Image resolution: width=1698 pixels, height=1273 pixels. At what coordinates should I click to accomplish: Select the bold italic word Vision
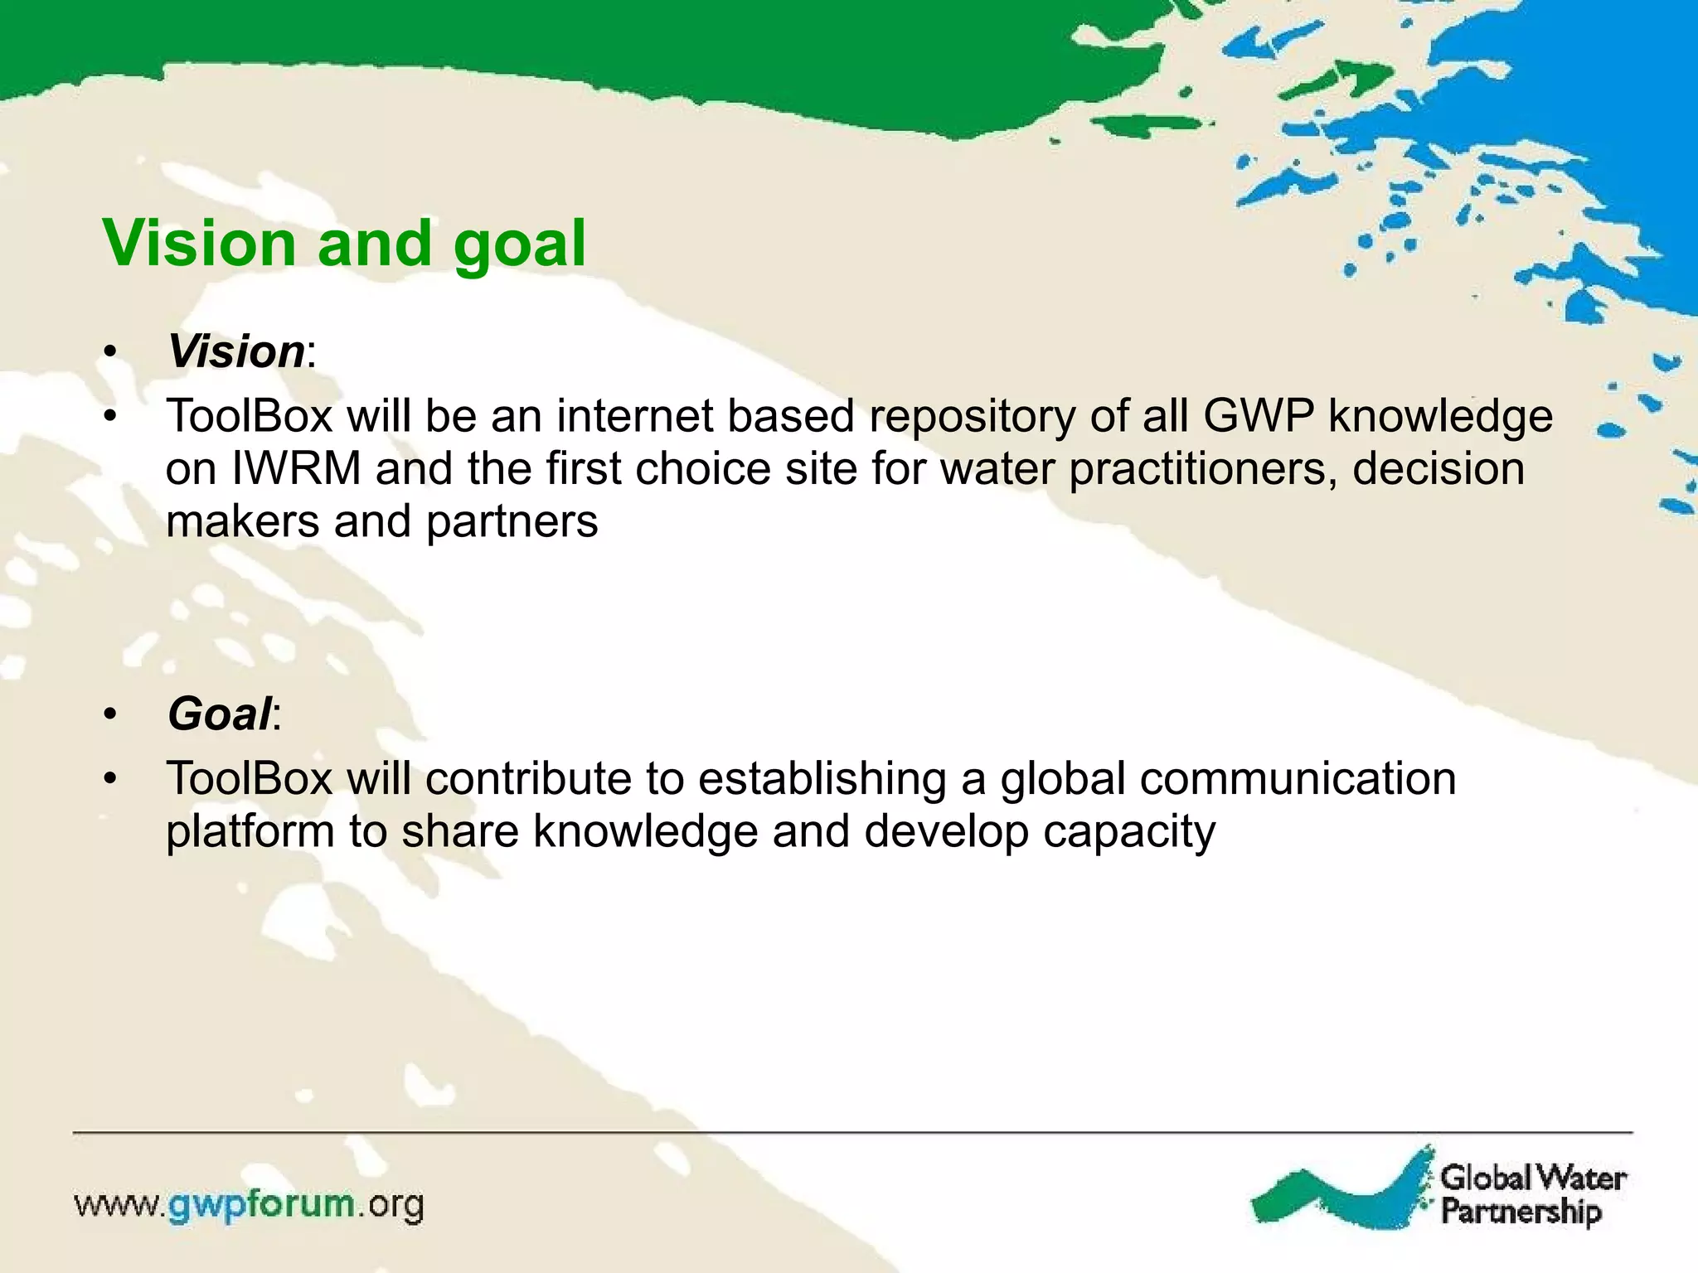tap(236, 351)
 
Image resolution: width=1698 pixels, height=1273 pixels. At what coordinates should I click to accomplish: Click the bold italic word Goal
tap(219, 714)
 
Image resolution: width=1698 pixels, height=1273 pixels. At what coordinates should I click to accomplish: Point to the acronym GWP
tap(1258, 416)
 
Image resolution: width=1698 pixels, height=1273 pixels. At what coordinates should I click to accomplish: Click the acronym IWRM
tap(296, 469)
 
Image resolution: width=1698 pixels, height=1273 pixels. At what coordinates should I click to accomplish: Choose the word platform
tap(250, 832)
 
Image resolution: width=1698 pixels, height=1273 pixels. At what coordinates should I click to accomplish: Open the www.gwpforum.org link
tap(249, 1205)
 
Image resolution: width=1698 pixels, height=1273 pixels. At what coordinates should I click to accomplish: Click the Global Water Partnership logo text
tap(1532, 1193)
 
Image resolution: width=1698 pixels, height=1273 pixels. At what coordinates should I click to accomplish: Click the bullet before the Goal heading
tap(111, 714)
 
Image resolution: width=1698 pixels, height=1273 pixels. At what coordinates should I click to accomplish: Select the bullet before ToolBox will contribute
tap(111, 780)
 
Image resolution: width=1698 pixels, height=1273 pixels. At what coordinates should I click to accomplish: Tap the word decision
tap(1438, 469)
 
